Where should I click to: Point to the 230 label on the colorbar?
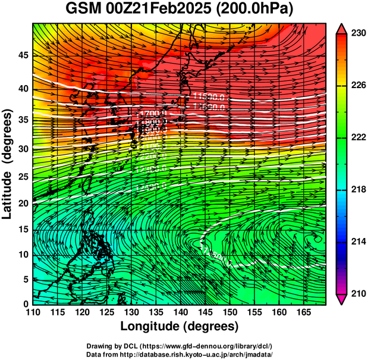(x=356, y=34)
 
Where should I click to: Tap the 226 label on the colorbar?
(x=356, y=86)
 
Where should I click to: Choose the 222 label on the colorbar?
(x=356, y=137)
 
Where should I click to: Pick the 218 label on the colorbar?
(x=356, y=189)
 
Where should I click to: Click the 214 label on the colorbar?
(x=356, y=242)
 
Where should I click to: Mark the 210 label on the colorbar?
(x=356, y=293)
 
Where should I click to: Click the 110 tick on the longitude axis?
(x=33, y=312)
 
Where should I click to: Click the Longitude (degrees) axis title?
(x=180, y=326)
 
